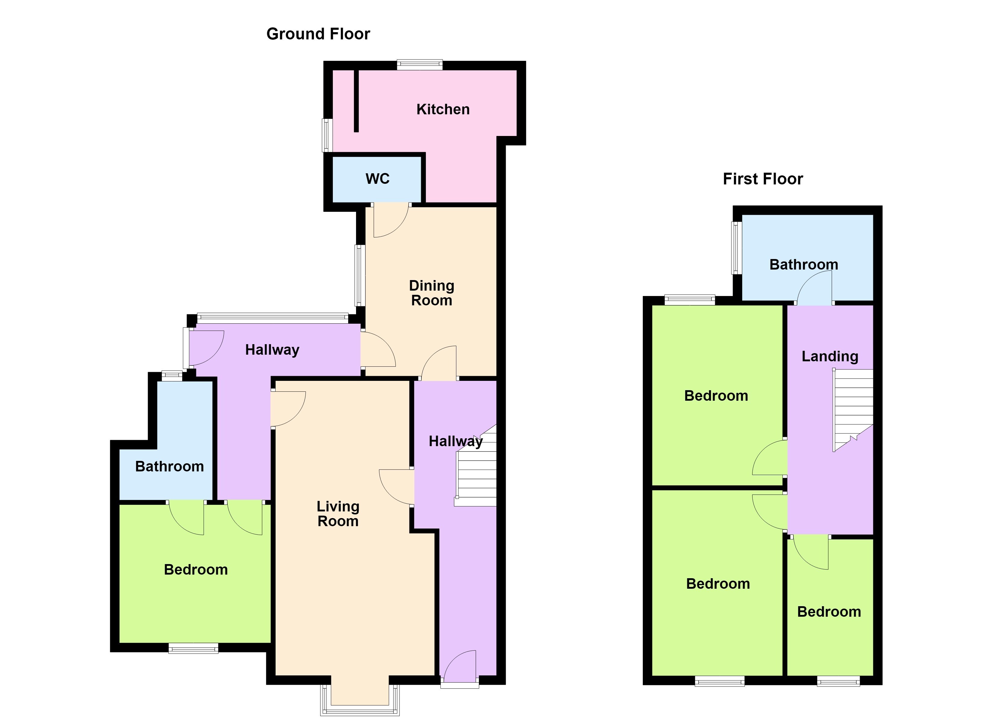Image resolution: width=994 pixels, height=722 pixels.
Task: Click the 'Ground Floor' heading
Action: pyautogui.click(x=318, y=34)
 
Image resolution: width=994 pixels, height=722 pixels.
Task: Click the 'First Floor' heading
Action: pyautogui.click(x=763, y=179)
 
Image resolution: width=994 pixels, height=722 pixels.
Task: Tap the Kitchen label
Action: pyautogui.click(x=443, y=109)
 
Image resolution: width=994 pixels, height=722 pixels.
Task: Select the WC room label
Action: pyautogui.click(x=377, y=179)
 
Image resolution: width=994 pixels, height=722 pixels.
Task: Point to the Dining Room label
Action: pyautogui.click(x=432, y=293)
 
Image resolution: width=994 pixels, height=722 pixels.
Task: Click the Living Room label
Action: pyautogui.click(x=338, y=514)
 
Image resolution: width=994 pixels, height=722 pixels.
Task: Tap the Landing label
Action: pyautogui.click(x=830, y=356)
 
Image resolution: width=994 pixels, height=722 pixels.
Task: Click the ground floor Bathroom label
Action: pyautogui.click(x=170, y=466)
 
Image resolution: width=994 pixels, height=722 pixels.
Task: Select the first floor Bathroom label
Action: pyautogui.click(x=804, y=264)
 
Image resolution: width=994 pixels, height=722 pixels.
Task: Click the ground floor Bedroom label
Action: pyautogui.click(x=196, y=570)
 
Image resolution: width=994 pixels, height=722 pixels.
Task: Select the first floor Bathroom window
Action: pyautogui.click(x=737, y=248)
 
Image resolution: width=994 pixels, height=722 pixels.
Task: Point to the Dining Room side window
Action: pyautogui.click(x=360, y=275)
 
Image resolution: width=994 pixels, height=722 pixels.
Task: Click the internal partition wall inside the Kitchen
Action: pyautogui.click(x=356, y=101)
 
